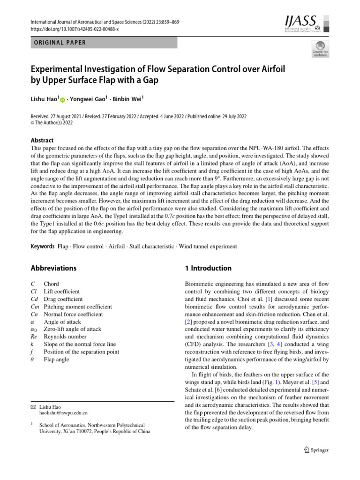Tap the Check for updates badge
pyautogui.click(x=320, y=49)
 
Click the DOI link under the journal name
pyautogui.click(x=75, y=29)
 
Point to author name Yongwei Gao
pyautogui.click(x=89, y=99)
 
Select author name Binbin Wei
pyautogui.click(x=128, y=99)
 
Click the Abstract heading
pyautogui.click(x=42, y=140)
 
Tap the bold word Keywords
pyautogui.click(x=43, y=246)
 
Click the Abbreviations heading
pyautogui.click(x=53, y=268)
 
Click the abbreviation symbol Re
pyautogui.click(x=34, y=337)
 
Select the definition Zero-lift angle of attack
pyautogui.click(x=72, y=329)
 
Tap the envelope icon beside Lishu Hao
pyautogui.click(x=33, y=407)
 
